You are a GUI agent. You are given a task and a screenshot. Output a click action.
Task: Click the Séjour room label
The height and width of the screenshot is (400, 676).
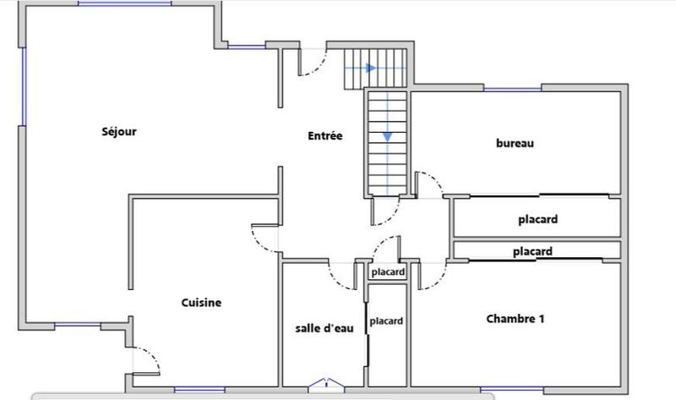click(119, 132)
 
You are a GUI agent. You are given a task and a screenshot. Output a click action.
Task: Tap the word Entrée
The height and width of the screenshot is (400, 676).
click(324, 135)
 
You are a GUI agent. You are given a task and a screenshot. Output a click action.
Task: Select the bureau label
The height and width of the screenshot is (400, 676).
click(515, 144)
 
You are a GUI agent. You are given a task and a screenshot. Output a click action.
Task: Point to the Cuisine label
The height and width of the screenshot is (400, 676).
click(201, 303)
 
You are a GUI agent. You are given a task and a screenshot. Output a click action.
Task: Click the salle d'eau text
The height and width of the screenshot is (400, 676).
click(324, 329)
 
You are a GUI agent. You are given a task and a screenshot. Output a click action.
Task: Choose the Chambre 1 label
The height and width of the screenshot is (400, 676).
click(515, 319)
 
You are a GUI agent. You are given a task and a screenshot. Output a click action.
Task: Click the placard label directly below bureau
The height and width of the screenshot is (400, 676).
click(537, 220)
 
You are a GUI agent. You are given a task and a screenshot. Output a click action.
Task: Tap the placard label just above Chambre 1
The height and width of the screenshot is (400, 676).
click(532, 251)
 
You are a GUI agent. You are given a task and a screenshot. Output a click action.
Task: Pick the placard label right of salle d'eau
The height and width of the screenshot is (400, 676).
click(386, 321)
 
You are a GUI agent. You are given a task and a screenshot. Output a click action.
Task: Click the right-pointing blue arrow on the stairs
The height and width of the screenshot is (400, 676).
click(369, 68)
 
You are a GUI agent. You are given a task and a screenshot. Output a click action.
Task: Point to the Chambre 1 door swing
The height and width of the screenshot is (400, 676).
click(431, 276)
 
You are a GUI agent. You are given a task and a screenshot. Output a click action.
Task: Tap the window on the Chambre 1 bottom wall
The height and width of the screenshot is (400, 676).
click(499, 389)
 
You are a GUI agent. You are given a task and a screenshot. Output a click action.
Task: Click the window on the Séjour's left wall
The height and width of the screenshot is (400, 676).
click(24, 85)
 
